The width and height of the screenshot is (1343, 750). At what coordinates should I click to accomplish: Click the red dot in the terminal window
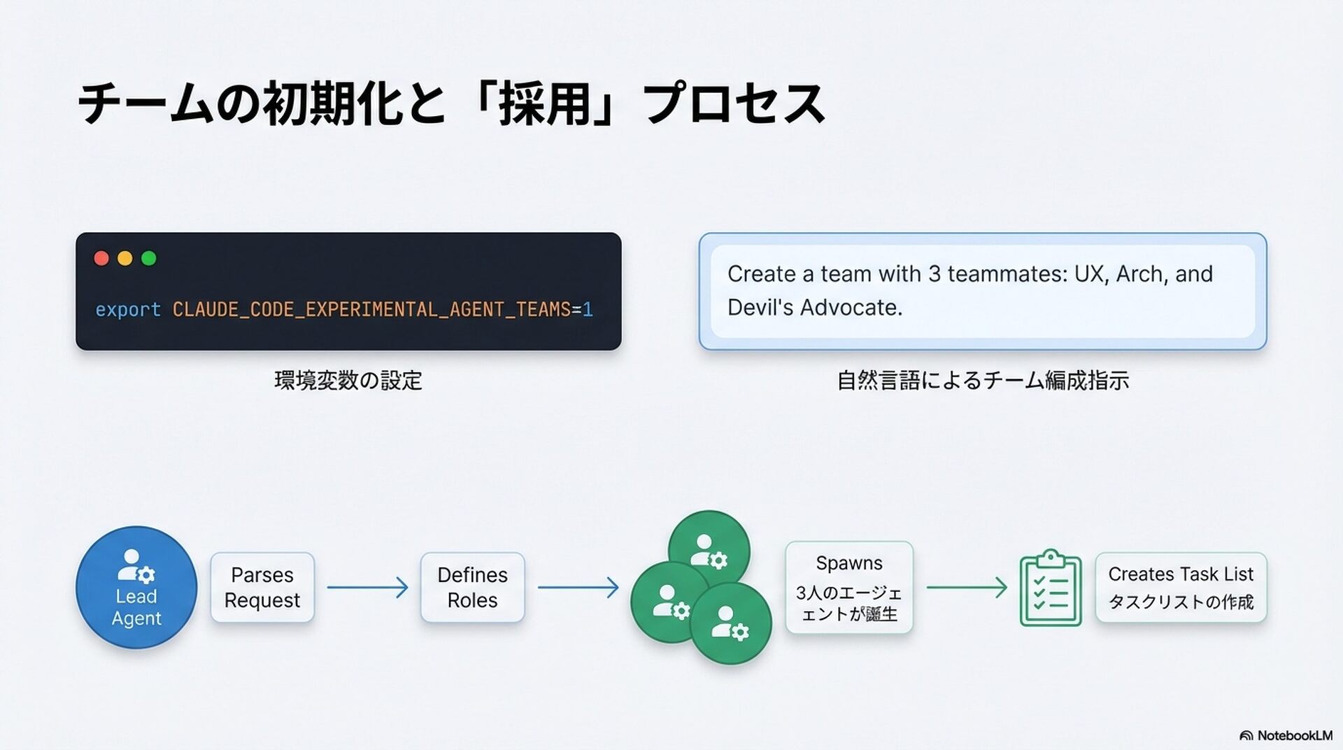click(x=101, y=258)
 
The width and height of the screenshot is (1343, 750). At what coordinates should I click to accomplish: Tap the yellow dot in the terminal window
click(x=125, y=258)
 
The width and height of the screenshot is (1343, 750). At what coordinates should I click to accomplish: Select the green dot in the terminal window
click(x=149, y=258)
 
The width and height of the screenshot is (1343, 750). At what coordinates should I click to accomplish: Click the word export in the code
click(x=128, y=309)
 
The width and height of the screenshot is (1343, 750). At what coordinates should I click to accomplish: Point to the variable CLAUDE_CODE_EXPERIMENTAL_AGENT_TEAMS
click(x=371, y=309)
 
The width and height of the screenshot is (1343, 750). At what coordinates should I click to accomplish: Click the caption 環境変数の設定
click(x=348, y=381)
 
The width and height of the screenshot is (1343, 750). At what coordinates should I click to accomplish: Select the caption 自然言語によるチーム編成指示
click(x=983, y=381)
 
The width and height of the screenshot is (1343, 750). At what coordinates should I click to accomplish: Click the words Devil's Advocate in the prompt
click(x=814, y=307)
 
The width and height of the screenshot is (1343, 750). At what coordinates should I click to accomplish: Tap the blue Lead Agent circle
click(x=136, y=587)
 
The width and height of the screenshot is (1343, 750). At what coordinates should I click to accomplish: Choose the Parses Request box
click(x=262, y=587)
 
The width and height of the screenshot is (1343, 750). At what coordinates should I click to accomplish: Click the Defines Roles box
click(x=472, y=587)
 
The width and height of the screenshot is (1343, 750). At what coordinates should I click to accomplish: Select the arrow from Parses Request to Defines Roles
click(x=367, y=587)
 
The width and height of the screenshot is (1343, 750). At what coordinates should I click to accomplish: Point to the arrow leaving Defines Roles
click(x=578, y=587)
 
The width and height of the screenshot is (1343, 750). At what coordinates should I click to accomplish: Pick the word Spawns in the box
click(x=849, y=563)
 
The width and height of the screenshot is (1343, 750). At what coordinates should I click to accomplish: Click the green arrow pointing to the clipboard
click(x=967, y=587)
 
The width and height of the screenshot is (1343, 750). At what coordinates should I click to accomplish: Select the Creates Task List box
click(x=1181, y=587)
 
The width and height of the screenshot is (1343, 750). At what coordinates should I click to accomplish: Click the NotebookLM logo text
click(x=1293, y=735)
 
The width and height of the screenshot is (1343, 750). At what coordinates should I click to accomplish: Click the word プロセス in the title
click(x=734, y=104)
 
